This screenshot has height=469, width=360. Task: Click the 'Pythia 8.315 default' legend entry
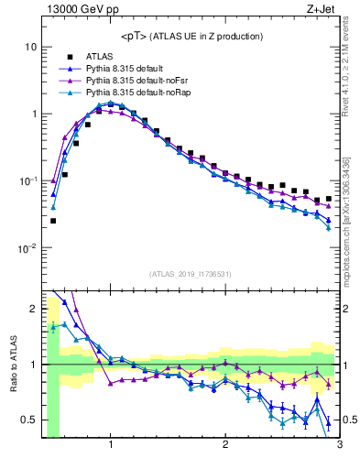(x=128, y=68)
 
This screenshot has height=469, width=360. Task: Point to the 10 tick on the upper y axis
(x=30, y=47)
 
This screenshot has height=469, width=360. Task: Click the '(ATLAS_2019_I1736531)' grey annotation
(x=191, y=274)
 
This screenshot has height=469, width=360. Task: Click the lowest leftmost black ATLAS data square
(x=53, y=221)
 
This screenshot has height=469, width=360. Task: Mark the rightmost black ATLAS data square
(x=329, y=199)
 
